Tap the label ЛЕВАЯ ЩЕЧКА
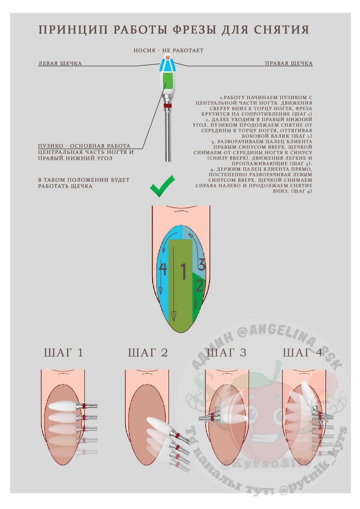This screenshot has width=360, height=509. (x=60, y=64)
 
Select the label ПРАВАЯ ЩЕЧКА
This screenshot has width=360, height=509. (x=288, y=64)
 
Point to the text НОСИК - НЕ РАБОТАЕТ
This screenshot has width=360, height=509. (x=169, y=51)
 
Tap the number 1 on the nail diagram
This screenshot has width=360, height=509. (x=182, y=272)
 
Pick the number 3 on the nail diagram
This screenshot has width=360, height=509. (x=201, y=264)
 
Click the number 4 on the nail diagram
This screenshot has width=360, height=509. (x=163, y=269)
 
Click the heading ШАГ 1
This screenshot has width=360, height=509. (x=63, y=353)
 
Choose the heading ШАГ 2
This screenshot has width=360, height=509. (x=148, y=353)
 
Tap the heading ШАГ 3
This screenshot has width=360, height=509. (x=226, y=353)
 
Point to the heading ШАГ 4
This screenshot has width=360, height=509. (x=303, y=353)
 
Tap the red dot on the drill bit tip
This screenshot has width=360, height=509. (x=169, y=58)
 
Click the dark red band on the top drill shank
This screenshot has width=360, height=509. (x=168, y=105)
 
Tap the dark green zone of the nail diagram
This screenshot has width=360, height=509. (x=199, y=298)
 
